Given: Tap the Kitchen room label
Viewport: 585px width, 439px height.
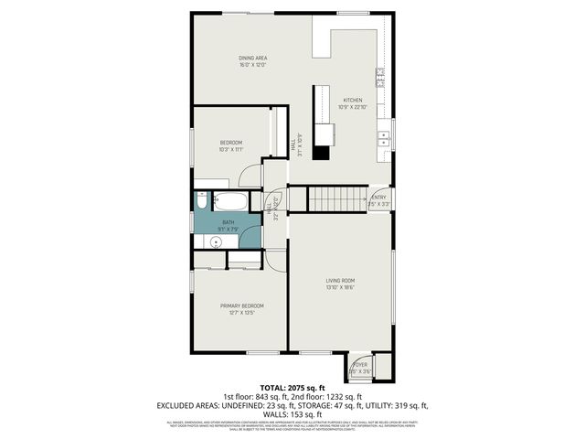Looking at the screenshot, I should tap(352, 101).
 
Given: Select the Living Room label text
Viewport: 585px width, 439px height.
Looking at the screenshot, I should tap(340, 281).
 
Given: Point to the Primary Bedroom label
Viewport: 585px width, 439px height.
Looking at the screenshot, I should tap(242, 305).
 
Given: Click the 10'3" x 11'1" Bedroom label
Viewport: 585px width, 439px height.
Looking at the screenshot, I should tap(230, 143).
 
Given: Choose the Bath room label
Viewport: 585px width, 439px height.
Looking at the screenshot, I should tap(229, 222).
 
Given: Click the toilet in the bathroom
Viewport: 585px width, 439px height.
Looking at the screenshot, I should tap(201, 202).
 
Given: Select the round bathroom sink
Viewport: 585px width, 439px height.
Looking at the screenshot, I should tap(215, 241).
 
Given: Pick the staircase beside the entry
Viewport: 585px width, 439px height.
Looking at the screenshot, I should tap(336, 198).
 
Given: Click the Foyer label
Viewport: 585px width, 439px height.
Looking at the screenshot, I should tap(360, 364).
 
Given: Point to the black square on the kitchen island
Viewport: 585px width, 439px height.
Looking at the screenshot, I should tap(321, 152).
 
